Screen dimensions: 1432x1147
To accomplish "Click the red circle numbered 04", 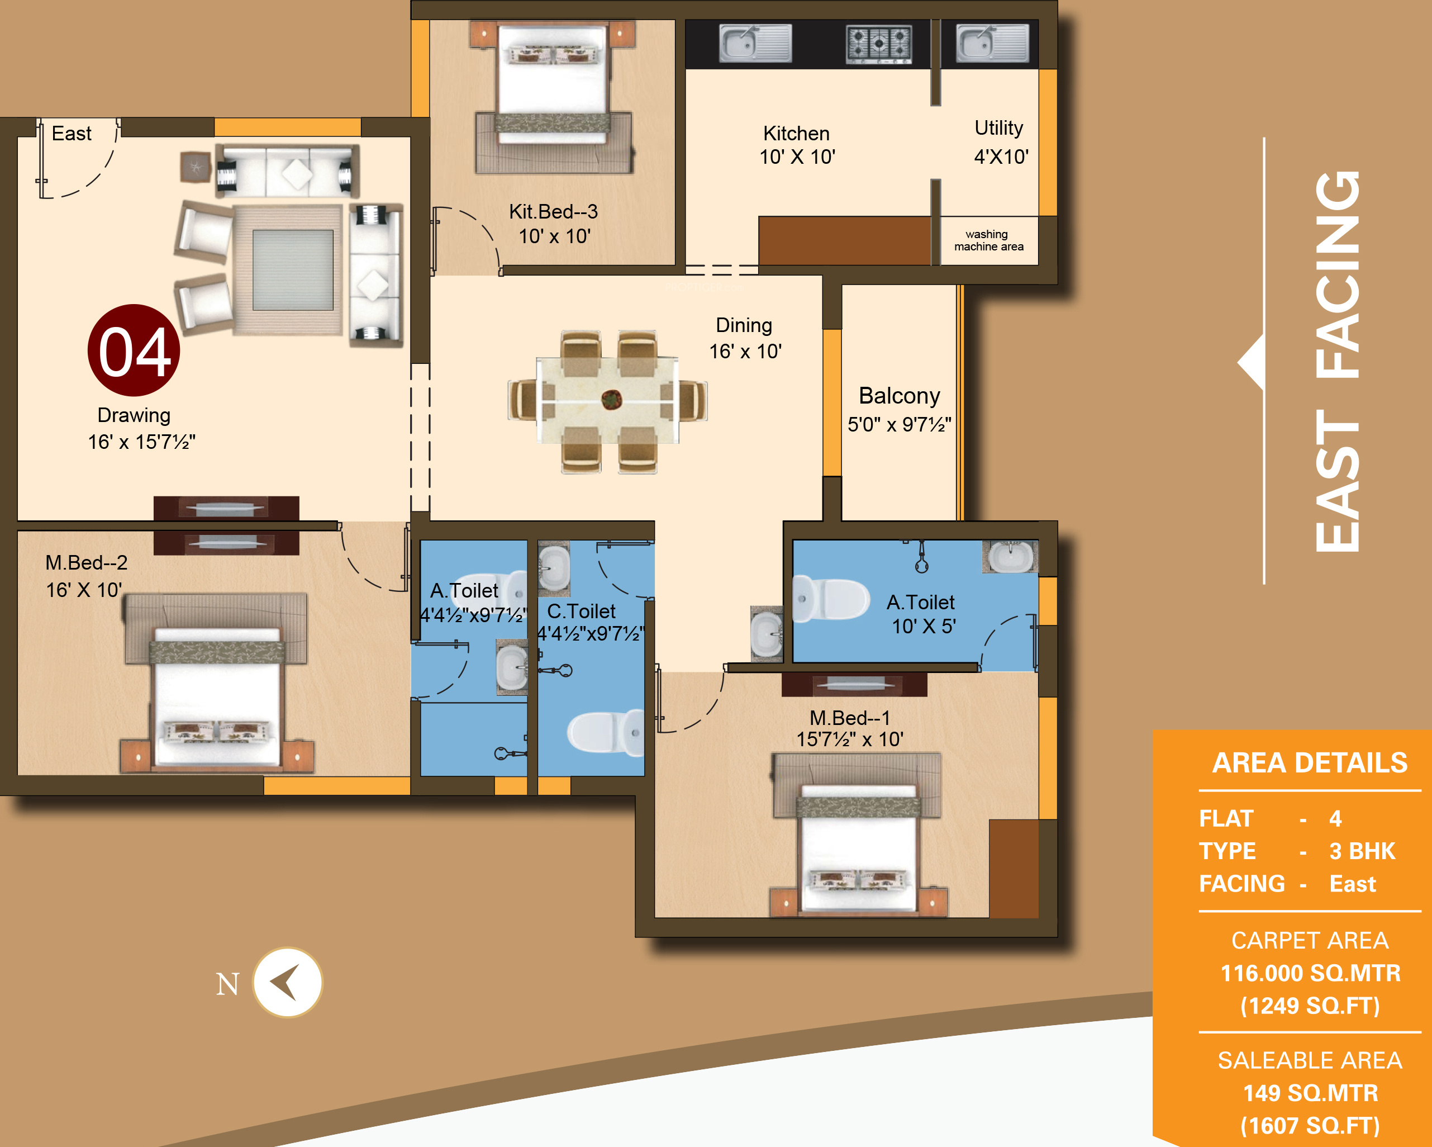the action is (x=134, y=350).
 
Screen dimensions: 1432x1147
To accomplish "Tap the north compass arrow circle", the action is (x=288, y=982).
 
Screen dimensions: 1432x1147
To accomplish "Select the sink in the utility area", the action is (x=992, y=43).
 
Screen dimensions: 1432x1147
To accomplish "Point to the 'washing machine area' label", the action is (x=988, y=240).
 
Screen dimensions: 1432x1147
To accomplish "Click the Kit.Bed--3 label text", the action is (x=553, y=211).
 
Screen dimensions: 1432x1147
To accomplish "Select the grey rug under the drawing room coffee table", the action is (x=293, y=270).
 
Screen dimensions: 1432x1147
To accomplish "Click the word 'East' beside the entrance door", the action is (x=72, y=134).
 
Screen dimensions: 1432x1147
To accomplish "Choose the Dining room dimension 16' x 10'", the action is (x=745, y=351).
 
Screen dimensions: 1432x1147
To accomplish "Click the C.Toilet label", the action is (x=581, y=612).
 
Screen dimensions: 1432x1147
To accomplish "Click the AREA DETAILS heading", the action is (x=1310, y=763).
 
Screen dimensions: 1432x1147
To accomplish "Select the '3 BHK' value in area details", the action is (x=1362, y=851).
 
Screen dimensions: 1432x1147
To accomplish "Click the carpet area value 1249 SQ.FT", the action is (x=1310, y=1006).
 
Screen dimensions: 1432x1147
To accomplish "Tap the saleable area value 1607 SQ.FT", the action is (x=1310, y=1126).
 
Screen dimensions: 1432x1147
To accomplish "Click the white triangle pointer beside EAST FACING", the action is (x=1252, y=362).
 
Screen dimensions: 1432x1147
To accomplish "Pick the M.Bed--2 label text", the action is (x=87, y=563).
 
